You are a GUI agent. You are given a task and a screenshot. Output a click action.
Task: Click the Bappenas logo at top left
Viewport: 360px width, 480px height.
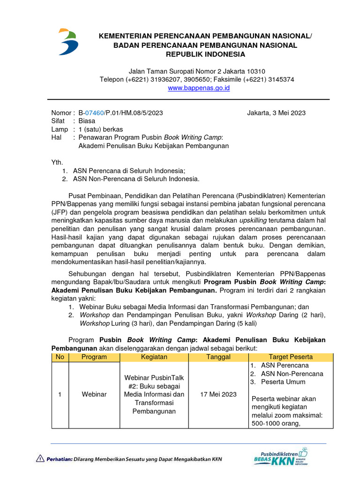click(68, 42)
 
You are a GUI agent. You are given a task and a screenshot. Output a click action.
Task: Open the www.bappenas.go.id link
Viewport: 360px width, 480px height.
click(199, 88)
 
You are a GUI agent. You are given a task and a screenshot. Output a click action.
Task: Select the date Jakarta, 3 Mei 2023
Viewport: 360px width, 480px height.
click(276, 113)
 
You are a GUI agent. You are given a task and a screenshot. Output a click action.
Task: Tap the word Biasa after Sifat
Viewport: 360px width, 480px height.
click(87, 120)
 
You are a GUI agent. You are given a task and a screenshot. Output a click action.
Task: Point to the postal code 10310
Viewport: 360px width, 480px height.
click(255, 71)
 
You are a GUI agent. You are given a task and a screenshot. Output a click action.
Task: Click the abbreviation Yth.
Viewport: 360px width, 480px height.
click(57, 163)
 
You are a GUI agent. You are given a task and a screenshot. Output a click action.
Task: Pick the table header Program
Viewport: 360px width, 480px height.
click(94, 357)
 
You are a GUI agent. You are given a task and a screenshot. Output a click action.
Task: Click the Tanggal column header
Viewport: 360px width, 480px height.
click(218, 357)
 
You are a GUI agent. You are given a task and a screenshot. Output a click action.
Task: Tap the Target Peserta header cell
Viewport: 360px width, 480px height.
click(291, 357)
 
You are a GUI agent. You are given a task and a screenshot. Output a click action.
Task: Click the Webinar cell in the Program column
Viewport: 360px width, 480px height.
click(94, 394)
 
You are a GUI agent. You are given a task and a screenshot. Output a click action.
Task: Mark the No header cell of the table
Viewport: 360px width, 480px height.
click(60, 357)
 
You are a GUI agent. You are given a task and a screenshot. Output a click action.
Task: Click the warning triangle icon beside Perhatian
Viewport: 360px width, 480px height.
click(40, 458)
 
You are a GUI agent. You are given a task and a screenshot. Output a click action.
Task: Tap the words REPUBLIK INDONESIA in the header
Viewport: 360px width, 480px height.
click(205, 54)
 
